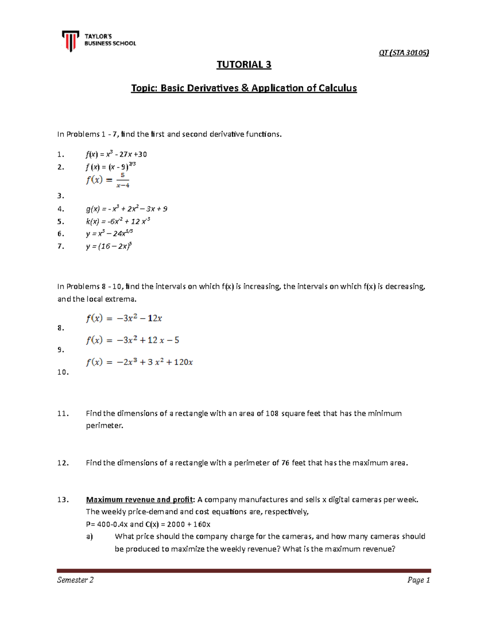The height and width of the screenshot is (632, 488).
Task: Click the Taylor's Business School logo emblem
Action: (71, 41)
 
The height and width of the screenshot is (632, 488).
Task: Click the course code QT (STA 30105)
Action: (404, 52)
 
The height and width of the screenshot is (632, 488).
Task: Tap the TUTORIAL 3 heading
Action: (244, 65)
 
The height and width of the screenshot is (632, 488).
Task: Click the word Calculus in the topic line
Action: (337, 88)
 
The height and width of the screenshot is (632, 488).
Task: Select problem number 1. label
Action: (61, 155)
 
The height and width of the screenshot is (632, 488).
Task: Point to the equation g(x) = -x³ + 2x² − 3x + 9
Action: (126, 209)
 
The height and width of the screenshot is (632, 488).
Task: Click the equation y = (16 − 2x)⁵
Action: (109, 246)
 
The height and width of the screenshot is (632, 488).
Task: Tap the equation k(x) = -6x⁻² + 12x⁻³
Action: (118, 222)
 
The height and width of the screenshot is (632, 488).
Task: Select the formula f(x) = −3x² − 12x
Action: (124, 318)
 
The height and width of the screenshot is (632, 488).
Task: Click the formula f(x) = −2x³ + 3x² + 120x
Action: (139, 362)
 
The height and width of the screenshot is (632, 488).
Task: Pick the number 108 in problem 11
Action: (272, 413)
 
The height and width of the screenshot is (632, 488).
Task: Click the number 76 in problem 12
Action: (285, 463)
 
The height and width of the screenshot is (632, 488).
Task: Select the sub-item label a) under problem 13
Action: (89, 537)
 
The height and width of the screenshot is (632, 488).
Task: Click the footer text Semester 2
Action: (75, 580)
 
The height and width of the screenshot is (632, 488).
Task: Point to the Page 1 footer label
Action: (418, 580)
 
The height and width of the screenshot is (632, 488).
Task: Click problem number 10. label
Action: (63, 372)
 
